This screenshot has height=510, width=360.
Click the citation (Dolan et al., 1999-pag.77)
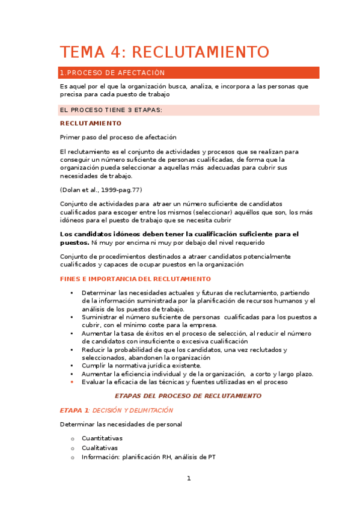pyautogui.click(x=101, y=190)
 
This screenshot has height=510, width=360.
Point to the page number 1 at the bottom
pyautogui.click(x=189, y=479)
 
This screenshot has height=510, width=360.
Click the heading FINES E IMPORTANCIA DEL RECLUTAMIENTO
pyautogui.click(x=135, y=279)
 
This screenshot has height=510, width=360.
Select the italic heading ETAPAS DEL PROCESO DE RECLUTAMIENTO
pyautogui.click(x=188, y=396)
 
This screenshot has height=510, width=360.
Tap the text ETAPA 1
pyautogui.click(x=74, y=410)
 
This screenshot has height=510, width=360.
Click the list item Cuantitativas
pyautogui.click(x=102, y=438)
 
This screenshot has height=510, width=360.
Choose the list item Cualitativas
pyautogui.click(x=100, y=447)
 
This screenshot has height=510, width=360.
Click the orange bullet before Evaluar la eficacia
pyautogui.click(x=72, y=382)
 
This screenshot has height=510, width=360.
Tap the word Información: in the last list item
pyautogui.click(x=100, y=457)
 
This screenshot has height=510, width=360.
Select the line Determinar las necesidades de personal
pyautogui.click(x=121, y=424)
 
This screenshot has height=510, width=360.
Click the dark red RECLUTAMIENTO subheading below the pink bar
pyautogui.click(x=91, y=123)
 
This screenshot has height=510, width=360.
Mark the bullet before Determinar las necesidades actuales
pyautogui.click(x=72, y=293)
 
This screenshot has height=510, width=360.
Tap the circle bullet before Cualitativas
pyautogui.click(x=72, y=448)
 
